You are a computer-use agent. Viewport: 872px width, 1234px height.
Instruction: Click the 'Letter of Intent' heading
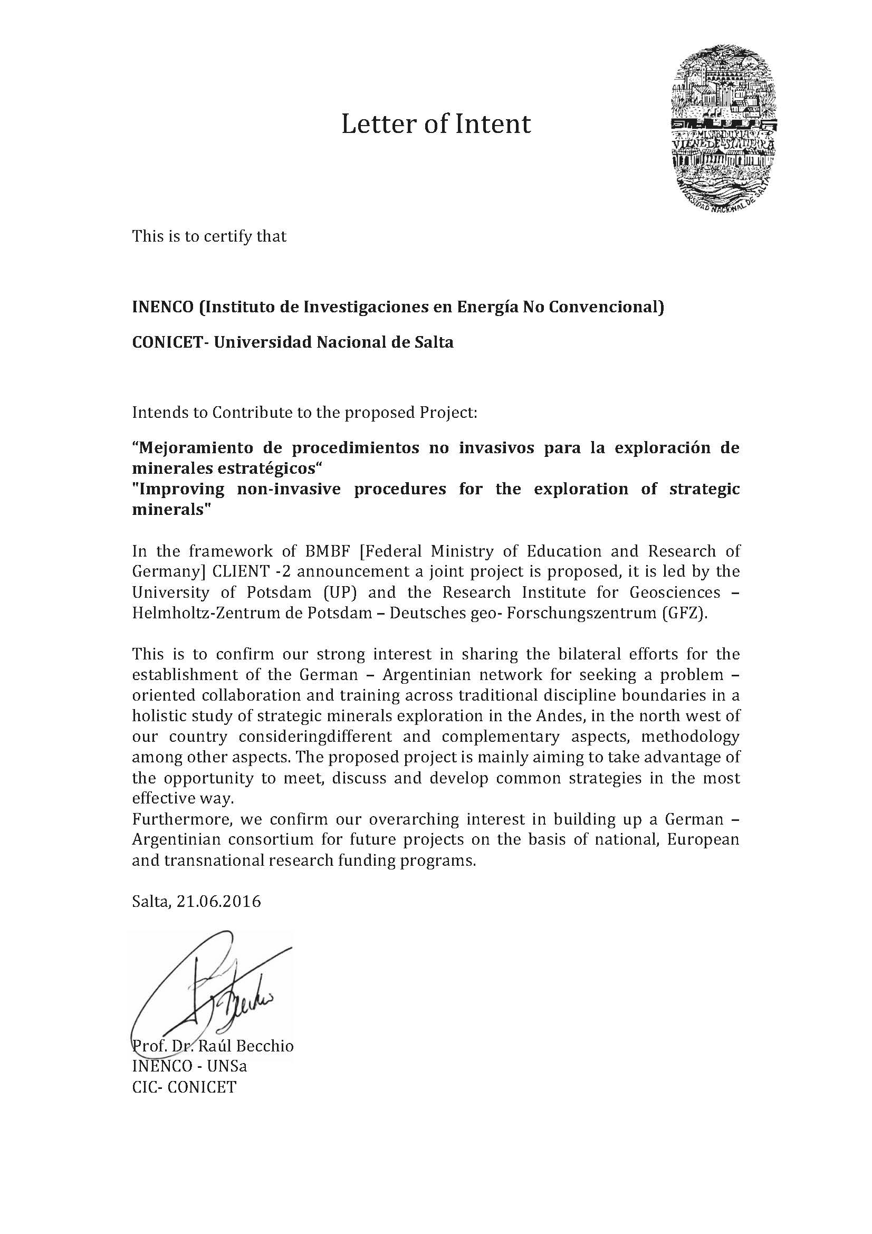coord(436,124)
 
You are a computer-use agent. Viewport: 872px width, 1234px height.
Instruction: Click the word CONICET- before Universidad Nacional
coord(170,342)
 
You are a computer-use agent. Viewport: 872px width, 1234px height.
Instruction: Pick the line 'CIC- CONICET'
coord(184,1087)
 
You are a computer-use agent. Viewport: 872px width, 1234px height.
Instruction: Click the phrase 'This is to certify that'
coord(209,236)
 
